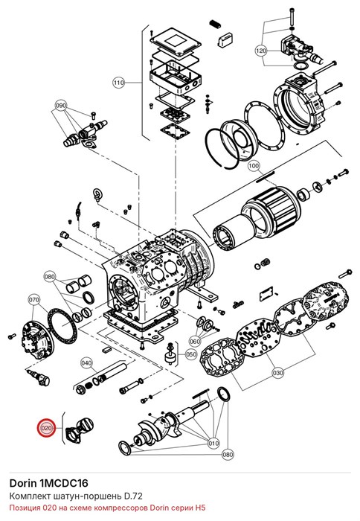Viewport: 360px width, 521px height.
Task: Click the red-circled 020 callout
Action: [47, 428]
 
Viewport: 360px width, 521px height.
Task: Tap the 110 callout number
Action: [119, 83]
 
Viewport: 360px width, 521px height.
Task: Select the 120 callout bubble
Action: [261, 51]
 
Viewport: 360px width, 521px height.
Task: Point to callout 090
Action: [61, 106]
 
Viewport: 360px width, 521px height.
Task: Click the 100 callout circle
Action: [254, 165]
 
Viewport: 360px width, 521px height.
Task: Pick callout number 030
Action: [278, 373]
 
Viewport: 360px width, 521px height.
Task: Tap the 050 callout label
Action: [191, 354]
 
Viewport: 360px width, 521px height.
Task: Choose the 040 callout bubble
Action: [86, 363]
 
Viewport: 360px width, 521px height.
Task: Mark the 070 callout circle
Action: [34, 300]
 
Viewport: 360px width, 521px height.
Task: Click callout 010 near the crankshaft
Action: [213, 444]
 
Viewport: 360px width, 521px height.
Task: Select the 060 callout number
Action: [195, 341]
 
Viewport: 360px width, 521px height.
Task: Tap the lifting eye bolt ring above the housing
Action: [97, 194]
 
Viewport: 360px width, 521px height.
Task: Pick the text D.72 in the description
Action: [133, 496]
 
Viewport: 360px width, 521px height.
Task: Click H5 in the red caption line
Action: [201, 508]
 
